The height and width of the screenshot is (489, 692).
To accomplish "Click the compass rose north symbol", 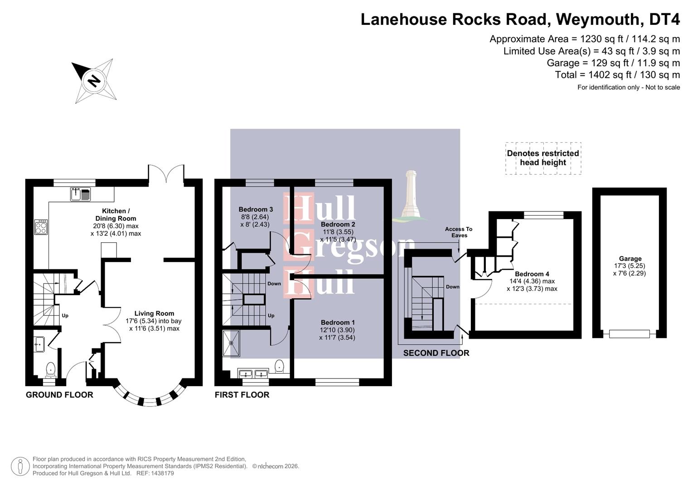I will click(x=93, y=81).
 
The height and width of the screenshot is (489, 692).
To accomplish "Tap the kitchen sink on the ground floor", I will click(x=80, y=194).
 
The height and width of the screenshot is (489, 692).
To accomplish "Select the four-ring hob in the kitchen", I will click(x=41, y=227).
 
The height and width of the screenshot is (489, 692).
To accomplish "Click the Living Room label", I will click(x=154, y=313).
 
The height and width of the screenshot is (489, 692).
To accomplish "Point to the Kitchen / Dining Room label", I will click(x=116, y=214).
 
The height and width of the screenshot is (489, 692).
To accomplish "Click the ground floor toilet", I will click(x=50, y=369).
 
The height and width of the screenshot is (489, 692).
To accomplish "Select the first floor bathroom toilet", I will click(x=280, y=366).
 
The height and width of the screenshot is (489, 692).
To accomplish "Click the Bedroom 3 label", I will click(x=256, y=209).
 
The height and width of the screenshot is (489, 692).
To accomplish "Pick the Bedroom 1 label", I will click(x=337, y=322).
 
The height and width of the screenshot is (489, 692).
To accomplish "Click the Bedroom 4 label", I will click(x=532, y=274).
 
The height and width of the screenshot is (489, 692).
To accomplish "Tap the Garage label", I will click(x=630, y=259).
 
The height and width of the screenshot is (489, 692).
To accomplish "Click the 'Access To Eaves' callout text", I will click(x=459, y=232).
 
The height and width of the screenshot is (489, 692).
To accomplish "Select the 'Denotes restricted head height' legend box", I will click(x=543, y=158).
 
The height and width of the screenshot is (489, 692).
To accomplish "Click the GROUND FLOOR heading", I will click(x=59, y=395).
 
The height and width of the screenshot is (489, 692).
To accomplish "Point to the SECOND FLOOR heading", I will click(x=436, y=353).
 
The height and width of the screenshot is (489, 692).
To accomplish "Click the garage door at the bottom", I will click(x=629, y=334).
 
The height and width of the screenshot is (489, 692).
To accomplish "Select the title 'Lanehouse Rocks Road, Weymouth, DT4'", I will click(x=520, y=19).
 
